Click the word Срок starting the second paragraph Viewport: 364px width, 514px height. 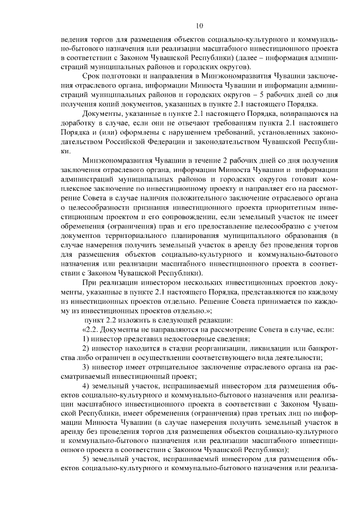click(93, 76)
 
